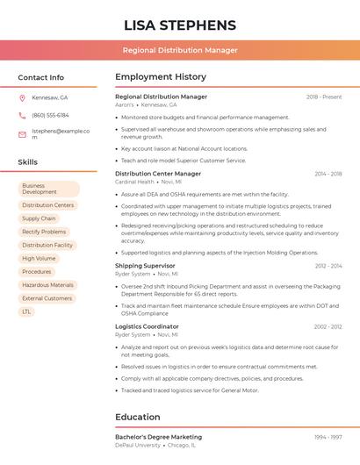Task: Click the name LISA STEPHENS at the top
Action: coord(180,25)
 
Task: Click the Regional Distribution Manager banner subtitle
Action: coord(180,50)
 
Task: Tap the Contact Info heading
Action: coord(41,77)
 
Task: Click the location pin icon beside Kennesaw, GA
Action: coord(22,97)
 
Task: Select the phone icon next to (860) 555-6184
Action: coord(22,115)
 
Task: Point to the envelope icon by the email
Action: coord(22,135)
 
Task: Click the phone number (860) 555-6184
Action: coord(50,115)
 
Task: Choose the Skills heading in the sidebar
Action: coord(28,162)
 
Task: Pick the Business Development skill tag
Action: coord(49,189)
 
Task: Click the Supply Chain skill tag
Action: coord(39,218)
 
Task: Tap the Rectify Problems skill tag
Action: coord(44,232)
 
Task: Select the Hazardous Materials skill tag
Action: coord(47,285)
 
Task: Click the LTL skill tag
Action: coord(26,311)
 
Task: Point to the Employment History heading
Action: coord(161,77)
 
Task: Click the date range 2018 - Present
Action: coord(324,97)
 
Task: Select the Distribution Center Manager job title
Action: coord(158,174)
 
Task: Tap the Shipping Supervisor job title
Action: coord(145,265)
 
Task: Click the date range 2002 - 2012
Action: coord(328,326)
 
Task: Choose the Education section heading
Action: coord(138,417)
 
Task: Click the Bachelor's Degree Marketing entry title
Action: coord(158,436)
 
